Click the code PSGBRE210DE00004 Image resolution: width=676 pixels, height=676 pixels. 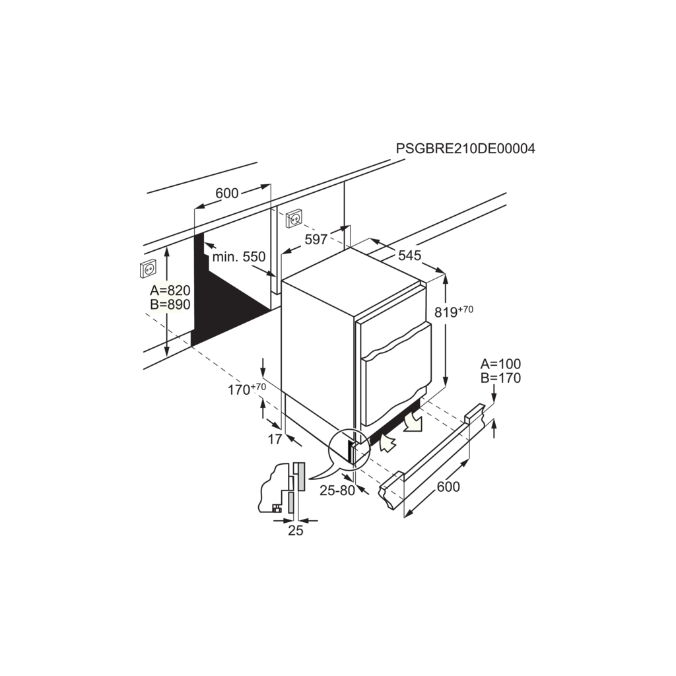465,149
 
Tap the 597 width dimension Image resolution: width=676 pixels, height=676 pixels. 316,239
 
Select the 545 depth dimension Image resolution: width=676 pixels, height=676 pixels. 409,255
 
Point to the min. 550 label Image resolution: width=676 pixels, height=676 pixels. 239,257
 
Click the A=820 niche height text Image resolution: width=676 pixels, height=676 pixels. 170,290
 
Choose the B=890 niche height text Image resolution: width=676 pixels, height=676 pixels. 170,304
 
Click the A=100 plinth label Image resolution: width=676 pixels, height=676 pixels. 500,364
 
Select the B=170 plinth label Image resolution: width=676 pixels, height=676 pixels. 500,378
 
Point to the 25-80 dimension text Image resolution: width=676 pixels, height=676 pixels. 337,490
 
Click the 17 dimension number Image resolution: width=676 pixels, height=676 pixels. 275,439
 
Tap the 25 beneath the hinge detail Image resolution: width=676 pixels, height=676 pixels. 296,530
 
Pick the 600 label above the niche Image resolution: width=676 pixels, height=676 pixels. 227,193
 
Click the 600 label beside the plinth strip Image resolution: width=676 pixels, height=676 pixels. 448,487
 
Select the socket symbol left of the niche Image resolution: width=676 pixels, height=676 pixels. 149,269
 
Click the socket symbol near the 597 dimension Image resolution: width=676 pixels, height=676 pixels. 294,219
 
